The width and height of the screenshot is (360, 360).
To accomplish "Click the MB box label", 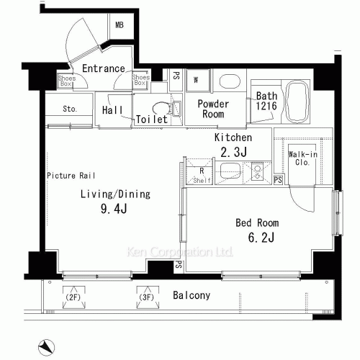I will click(x=119, y=25).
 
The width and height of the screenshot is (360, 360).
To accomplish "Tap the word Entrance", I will click(x=103, y=69).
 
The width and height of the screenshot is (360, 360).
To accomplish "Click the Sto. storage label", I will click(x=69, y=109).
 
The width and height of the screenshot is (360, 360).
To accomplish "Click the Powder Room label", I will click(x=213, y=109).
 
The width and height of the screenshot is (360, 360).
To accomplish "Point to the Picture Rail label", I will click(x=71, y=175).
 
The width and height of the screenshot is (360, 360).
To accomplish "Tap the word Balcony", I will click(x=192, y=295).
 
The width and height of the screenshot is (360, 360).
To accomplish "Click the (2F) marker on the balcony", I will click(x=72, y=297).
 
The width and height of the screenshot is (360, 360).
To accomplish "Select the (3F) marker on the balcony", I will click(x=147, y=297).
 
